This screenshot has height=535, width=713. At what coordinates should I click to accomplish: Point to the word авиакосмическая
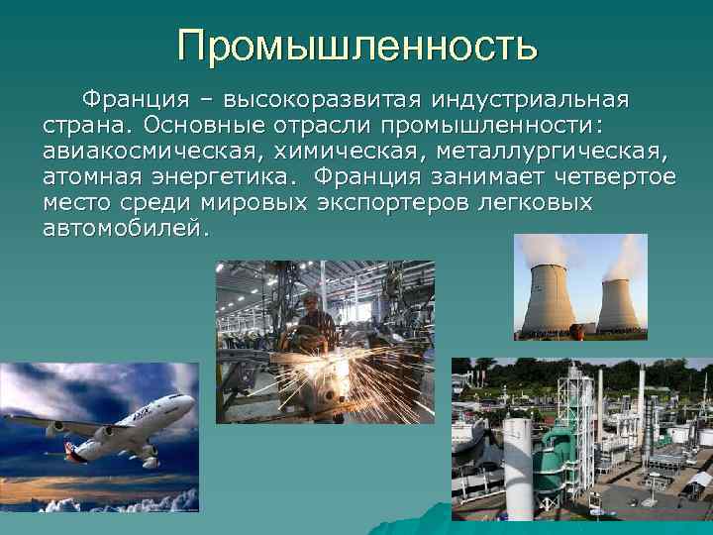tap(146, 152)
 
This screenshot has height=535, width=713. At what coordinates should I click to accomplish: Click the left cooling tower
tap(550, 300)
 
